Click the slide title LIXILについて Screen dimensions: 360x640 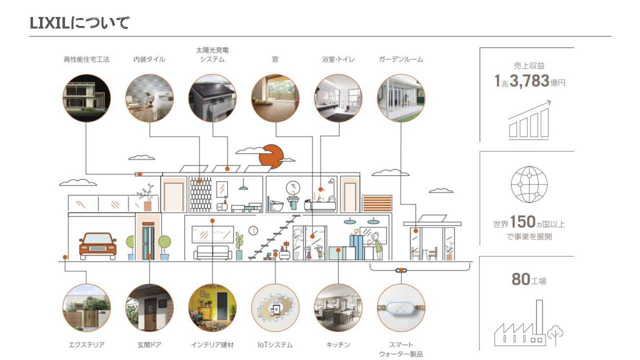coord(79,23)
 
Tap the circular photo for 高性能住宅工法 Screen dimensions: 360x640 coord(86,98)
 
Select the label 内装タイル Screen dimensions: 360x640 coord(149,59)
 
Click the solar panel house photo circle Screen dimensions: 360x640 coord(212,98)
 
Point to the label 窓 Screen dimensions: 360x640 coord(275,59)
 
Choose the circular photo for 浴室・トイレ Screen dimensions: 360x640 coord(338,98)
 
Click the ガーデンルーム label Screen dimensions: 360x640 coord(400,59)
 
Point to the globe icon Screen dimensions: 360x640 coord(529,184)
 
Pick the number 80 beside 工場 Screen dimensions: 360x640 coord(520,279)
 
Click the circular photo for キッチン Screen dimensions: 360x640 coord(338,308)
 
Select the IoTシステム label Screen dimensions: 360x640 coord(275,345)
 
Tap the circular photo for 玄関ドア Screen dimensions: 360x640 coord(149,308)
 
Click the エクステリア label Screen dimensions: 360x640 coord(86,345)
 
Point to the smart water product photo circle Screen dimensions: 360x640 coord(401,308)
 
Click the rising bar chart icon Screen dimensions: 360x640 coord(529,120)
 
